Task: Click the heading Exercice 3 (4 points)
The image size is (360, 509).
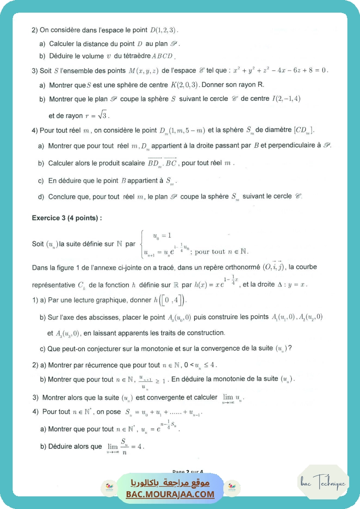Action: pos(67,218)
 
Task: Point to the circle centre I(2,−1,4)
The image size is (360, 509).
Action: pos(286,99)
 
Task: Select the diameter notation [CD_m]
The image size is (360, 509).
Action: pos(304,131)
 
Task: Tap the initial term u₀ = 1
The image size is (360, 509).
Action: pos(158,236)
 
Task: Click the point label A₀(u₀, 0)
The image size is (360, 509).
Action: pos(179,317)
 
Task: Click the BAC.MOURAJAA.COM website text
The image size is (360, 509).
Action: pos(170,494)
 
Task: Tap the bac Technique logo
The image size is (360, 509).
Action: pos(323,483)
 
